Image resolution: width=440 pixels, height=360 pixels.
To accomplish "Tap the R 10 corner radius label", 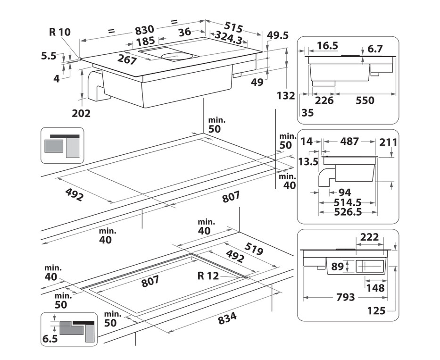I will coord(59,32).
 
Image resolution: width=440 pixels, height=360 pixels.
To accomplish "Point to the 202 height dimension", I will coord(81,113).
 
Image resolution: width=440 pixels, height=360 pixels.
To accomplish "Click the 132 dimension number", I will coord(286,96).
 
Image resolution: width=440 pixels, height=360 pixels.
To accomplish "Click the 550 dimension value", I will coord(365,100).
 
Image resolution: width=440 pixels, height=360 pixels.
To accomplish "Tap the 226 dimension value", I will coord(324,100).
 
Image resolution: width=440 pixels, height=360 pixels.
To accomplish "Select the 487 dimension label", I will coord(349,141).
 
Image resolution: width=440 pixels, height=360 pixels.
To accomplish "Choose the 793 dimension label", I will coord(345,297).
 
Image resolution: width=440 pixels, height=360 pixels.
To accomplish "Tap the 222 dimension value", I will coord(369,237).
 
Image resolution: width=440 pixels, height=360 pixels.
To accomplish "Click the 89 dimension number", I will coord(337,267).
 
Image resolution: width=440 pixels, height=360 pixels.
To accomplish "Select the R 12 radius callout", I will coord(208,276).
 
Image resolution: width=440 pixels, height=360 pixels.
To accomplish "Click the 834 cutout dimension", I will coord(228,319).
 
